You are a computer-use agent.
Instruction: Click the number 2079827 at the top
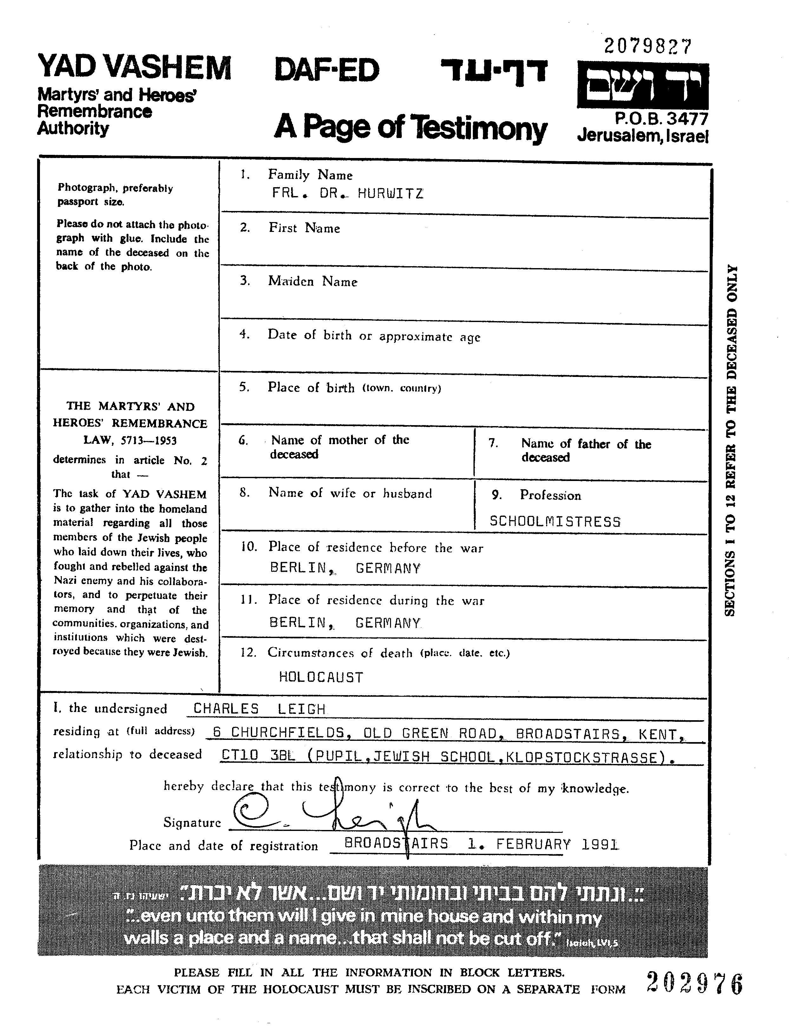pyautogui.click(x=648, y=47)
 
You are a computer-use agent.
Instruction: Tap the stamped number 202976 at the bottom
pyautogui.click(x=694, y=983)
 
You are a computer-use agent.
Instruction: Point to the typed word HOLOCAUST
pyautogui.click(x=321, y=677)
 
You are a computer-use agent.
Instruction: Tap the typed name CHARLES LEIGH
pyautogui.click(x=259, y=709)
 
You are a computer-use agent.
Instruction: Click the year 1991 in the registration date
pyautogui.click(x=600, y=845)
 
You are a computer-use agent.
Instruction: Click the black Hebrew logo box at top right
pyautogui.click(x=642, y=86)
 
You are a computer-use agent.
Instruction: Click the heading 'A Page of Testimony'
pyautogui.click(x=410, y=128)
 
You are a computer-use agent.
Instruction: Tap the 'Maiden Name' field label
pyautogui.click(x=313, y=282)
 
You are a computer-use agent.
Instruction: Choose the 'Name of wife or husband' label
pyautogui.click(x=350, y=493)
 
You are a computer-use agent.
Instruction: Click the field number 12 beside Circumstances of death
pyautogui.click(x=248, y=653)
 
